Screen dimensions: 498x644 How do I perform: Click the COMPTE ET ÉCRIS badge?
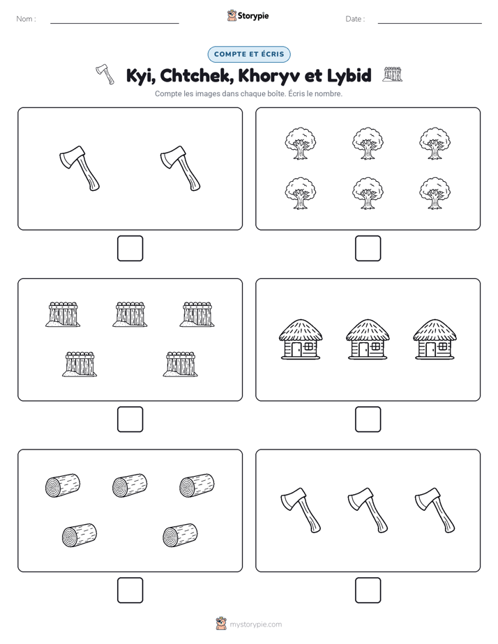click(x=249, y=54)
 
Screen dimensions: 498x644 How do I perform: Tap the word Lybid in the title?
click(x=349, y=75)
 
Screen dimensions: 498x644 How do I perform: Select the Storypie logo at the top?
click(x=248, y=15)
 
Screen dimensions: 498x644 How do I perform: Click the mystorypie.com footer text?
click(x=255, y=624)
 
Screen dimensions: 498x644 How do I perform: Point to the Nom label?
click(x=26, y=19)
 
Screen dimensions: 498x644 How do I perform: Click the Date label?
click(x=355, y=19)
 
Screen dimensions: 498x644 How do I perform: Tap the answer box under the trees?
click(x=368, y=249)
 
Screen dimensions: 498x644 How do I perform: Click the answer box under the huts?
click(x=368, y=420)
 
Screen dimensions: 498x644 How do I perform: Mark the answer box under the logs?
click(x=130, y=590)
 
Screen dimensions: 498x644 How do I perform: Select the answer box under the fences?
click(x=130, y=420)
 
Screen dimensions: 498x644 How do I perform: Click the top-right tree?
click(x=435, y=144)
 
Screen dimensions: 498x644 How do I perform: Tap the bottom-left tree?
click(x=301, y=194)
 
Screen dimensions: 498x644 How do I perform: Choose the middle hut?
click(x=368, y=339)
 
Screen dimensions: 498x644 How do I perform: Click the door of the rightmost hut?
click(x=430, y=349)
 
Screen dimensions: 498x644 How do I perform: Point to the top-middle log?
click(x=130, y=485)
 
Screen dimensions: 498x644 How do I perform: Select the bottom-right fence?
click(x=181, y=364)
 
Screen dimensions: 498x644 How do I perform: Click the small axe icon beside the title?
click(x=105, y=75)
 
